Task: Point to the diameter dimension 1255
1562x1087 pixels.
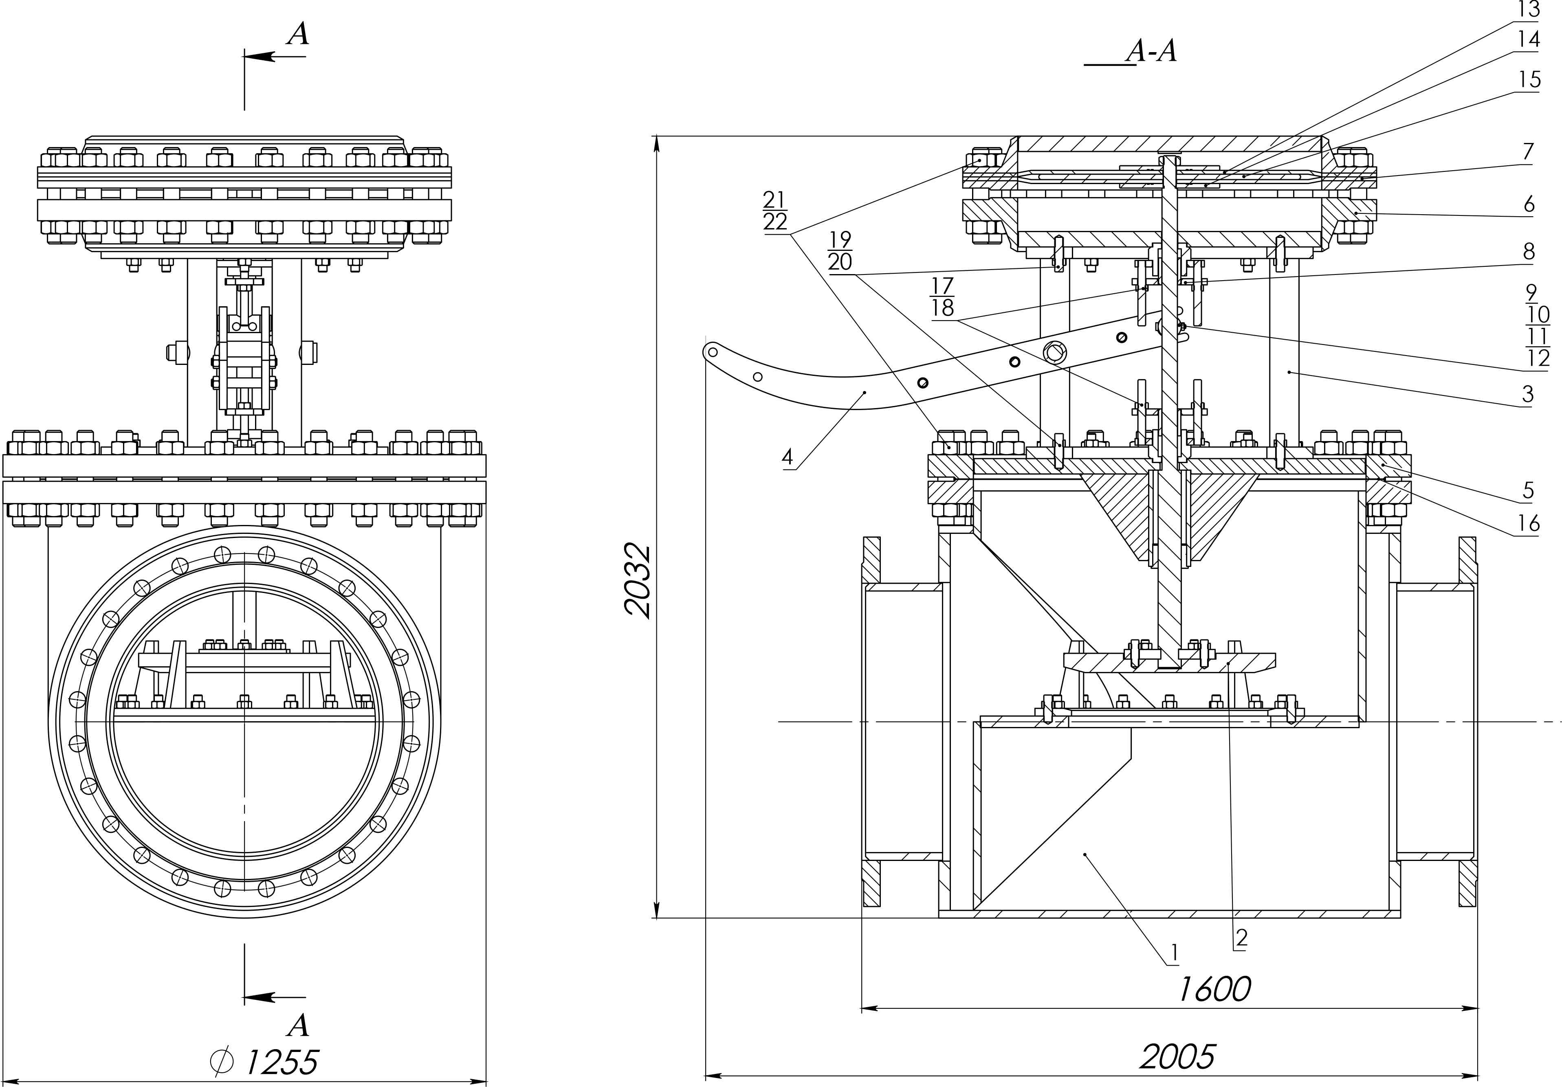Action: coord(265,1062)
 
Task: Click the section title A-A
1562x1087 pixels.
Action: coord(1152,51)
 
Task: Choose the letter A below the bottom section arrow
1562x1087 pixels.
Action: coord(297,1024)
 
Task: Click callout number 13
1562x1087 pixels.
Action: coord(1528,9)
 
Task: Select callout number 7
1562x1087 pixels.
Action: coord(1528,151)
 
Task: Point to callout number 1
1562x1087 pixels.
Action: coord(1174,954)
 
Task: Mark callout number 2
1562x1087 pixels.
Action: coord(1241,938)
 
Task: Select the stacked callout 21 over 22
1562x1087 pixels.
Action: coord(775,211)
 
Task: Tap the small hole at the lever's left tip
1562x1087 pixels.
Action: coord(712,352)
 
